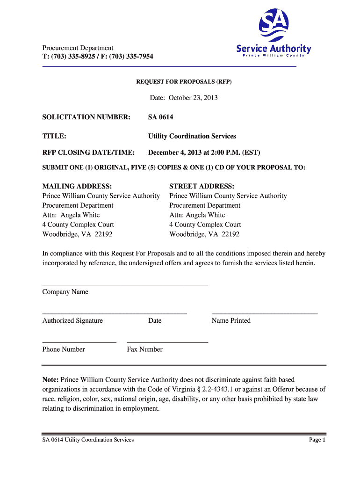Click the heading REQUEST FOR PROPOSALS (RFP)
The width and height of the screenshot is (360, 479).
coord(184,82)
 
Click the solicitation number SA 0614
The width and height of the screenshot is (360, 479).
coord(160,117)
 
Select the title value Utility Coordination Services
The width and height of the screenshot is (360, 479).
coord(192,136)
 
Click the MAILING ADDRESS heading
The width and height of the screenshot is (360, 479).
coord(77,186)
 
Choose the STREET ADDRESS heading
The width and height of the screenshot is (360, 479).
coord(202,186)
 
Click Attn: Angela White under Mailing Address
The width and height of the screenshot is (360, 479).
coord(71,215)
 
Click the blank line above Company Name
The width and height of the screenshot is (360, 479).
coord(125,284)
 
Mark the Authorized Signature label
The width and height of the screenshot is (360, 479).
coord(72,320)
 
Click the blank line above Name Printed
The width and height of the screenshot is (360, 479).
coord(264,312)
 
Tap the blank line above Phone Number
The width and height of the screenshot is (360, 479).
coord(79,342)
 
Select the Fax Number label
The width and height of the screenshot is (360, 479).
coord(144,349)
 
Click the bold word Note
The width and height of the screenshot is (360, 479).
coord(50,379)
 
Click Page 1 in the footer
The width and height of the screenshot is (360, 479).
coord(317,440)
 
